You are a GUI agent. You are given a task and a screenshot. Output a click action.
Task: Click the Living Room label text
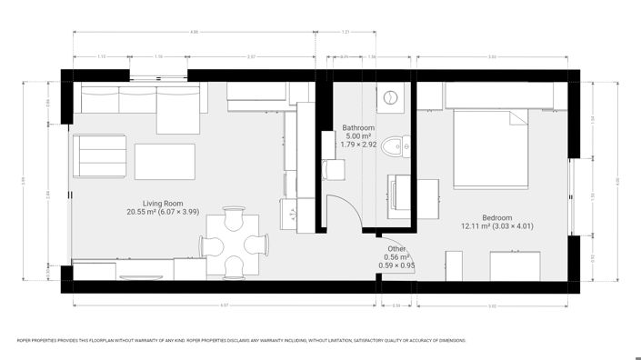click(164, 203)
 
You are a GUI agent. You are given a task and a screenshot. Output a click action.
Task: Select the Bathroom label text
click(358, 127)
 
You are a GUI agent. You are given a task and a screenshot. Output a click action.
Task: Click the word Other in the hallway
click(396, 248)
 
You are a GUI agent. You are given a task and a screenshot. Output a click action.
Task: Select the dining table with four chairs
click(234, 244)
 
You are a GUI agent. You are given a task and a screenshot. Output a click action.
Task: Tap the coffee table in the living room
click(165, 161)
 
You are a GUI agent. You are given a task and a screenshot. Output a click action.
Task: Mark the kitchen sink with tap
click(296, 215)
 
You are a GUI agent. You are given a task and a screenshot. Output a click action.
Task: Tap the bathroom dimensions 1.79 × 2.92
click(358, 145)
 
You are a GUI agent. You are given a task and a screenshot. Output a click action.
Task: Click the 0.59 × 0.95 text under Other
click(396, 265)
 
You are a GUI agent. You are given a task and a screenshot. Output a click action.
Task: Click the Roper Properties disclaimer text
click(242, 340)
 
